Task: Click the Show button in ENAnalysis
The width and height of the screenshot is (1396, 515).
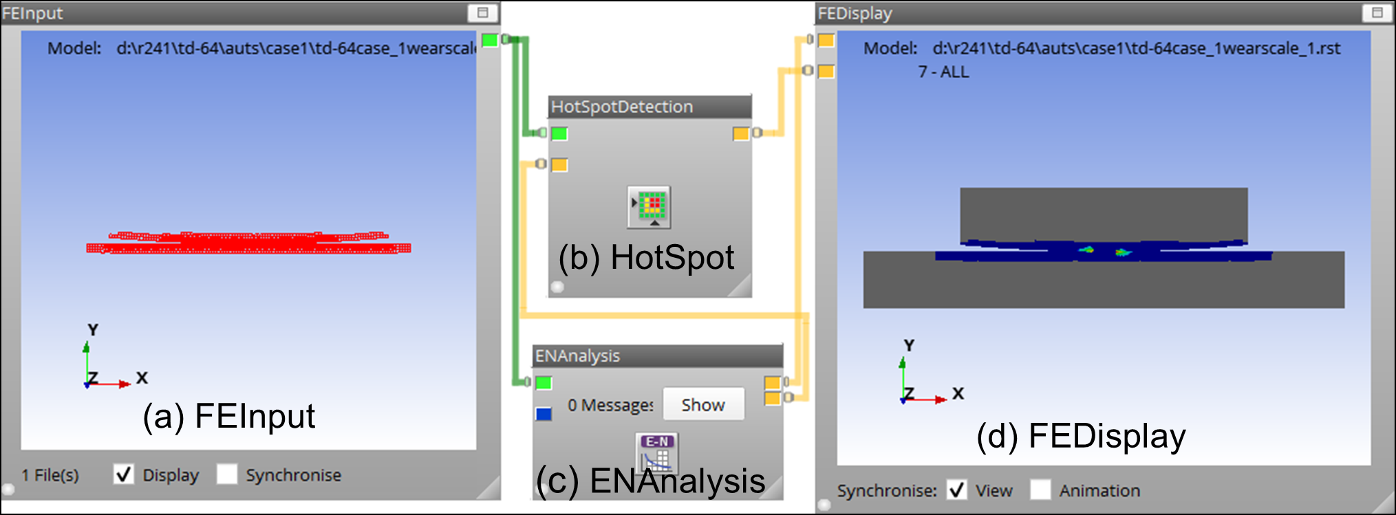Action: [703, 404]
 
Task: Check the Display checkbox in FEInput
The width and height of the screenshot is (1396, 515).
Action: [124, 474]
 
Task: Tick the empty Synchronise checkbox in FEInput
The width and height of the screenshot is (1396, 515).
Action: [227, 474]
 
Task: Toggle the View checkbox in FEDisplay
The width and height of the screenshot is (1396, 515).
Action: [956, 490]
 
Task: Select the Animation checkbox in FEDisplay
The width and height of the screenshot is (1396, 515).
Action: [1040, 490]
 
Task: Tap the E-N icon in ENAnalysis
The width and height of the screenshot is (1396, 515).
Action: [657, 452]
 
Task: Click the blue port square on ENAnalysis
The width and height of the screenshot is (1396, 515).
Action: [544, 414]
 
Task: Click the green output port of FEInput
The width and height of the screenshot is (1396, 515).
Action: [490, 40]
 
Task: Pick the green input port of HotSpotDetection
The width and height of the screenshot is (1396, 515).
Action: [559, 133]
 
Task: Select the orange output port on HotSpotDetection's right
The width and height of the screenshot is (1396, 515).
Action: [740, 133]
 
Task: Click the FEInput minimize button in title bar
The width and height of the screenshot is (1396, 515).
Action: [482, 12]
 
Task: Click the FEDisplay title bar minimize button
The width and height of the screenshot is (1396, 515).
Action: [1377, 12]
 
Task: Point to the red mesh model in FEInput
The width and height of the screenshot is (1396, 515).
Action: [248, 243]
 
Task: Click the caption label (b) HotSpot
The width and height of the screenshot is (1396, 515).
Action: [645, 258]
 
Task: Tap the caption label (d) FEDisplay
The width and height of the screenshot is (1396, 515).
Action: [1081, 436]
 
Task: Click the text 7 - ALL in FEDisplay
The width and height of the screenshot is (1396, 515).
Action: [943, 72]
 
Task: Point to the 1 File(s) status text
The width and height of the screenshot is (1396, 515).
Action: [50, 475]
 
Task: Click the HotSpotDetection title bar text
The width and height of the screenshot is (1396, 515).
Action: [622, 107]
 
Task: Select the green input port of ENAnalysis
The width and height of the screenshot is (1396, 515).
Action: [544, 382]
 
